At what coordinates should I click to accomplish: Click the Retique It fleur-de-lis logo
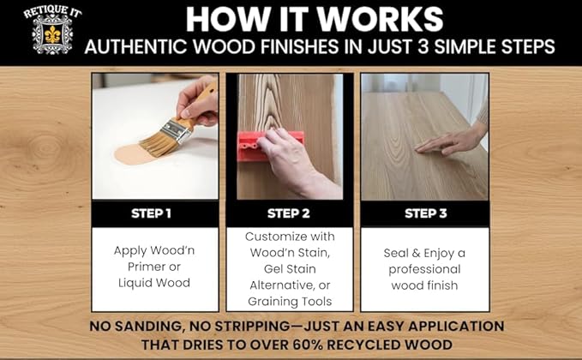(x=41, y=32)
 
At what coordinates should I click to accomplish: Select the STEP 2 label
(x=290, y=213)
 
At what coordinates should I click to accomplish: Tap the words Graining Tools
(x=290, y=301)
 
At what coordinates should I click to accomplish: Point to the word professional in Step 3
(x=424, y=269)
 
